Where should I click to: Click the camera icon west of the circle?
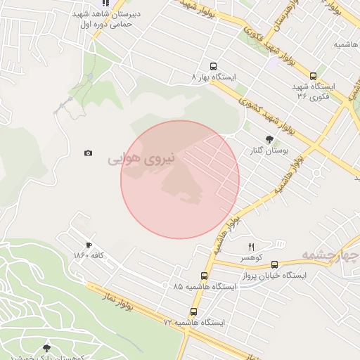pos(88,153)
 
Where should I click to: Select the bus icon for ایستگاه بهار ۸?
pos(213,67)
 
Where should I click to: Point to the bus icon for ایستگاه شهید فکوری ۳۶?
pos(313,77)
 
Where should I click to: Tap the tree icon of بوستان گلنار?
pos(269,139)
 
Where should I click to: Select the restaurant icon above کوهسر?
pos(251,247)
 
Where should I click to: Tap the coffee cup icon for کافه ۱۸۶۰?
pos(89,245)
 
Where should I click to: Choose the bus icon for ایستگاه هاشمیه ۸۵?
pos(205,276)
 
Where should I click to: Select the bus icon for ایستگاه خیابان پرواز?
pos(274,265)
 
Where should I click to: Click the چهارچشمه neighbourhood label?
pos(330,253)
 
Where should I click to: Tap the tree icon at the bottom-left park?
pos(47,348)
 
